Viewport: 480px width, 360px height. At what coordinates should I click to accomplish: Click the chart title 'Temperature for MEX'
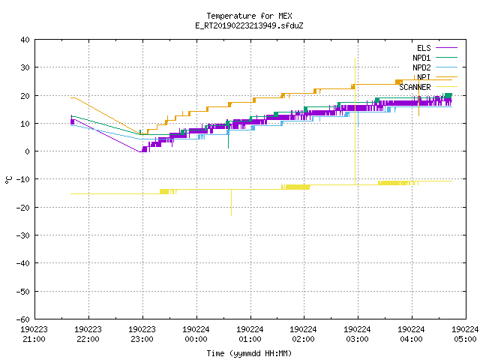tap(249, 16)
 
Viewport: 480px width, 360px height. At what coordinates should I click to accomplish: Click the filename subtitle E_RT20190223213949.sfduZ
tap(249, 25)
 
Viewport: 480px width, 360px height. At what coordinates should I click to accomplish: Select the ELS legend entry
tap(436, 48)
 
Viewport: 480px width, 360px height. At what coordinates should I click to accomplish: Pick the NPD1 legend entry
tap(435, 58)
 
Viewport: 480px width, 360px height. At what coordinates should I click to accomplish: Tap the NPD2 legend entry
tap(435, 67)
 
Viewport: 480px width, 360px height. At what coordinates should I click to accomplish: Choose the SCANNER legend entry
tap(428, 87)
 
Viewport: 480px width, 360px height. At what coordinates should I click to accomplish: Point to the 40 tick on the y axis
tap(25, 40)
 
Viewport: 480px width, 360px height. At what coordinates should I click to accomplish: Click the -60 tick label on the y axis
tap(23, 319)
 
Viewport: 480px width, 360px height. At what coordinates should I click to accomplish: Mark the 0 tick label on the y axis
tap(28, 151)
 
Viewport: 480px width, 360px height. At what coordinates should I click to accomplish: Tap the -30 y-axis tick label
tap(23, 235)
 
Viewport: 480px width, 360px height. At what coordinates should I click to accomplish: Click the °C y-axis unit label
tap(8, 180)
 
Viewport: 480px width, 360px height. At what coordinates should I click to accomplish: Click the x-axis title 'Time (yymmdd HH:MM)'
tap(249, 353)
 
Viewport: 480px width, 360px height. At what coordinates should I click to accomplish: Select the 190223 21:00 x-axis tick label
tap(34, 334)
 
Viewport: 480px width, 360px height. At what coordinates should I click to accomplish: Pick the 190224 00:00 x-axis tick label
tap(196, 334)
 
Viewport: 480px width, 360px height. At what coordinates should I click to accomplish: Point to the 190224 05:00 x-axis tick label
tap(465, 334)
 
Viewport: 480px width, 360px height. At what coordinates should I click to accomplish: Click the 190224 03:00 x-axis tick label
tap(357, 334)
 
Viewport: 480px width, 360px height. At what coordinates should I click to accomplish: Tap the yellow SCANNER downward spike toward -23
tap(231, 202)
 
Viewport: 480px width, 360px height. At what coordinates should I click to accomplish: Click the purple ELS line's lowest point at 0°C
tap(140, 151)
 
